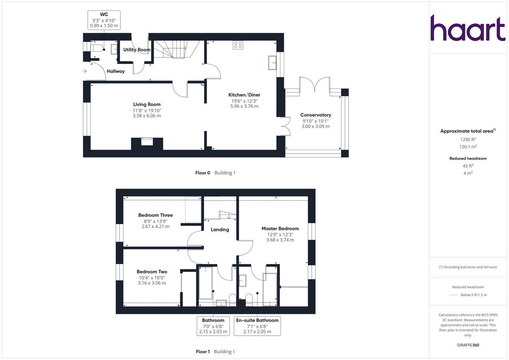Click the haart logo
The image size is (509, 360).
point(468,28)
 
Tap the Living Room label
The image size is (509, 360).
point(147,104)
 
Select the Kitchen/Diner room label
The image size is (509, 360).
point(244,95)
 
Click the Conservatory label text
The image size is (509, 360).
point(315,115)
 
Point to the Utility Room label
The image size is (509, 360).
point(137,50)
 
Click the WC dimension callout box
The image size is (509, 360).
point(104,20)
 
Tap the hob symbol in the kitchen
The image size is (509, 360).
point(238,45)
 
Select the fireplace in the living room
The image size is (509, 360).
point(147,142)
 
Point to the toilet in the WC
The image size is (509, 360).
point(97,48)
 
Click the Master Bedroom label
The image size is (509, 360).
point(280,229)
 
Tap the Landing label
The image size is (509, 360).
point(220,229)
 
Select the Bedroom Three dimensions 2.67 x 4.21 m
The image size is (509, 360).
point(155,226)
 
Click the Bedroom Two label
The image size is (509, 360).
point(151,272)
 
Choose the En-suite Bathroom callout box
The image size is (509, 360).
point(257,326)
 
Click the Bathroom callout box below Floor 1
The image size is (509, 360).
point(213,326)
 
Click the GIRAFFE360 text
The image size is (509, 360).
point(468,345)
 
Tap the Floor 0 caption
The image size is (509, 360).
point(202,173)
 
